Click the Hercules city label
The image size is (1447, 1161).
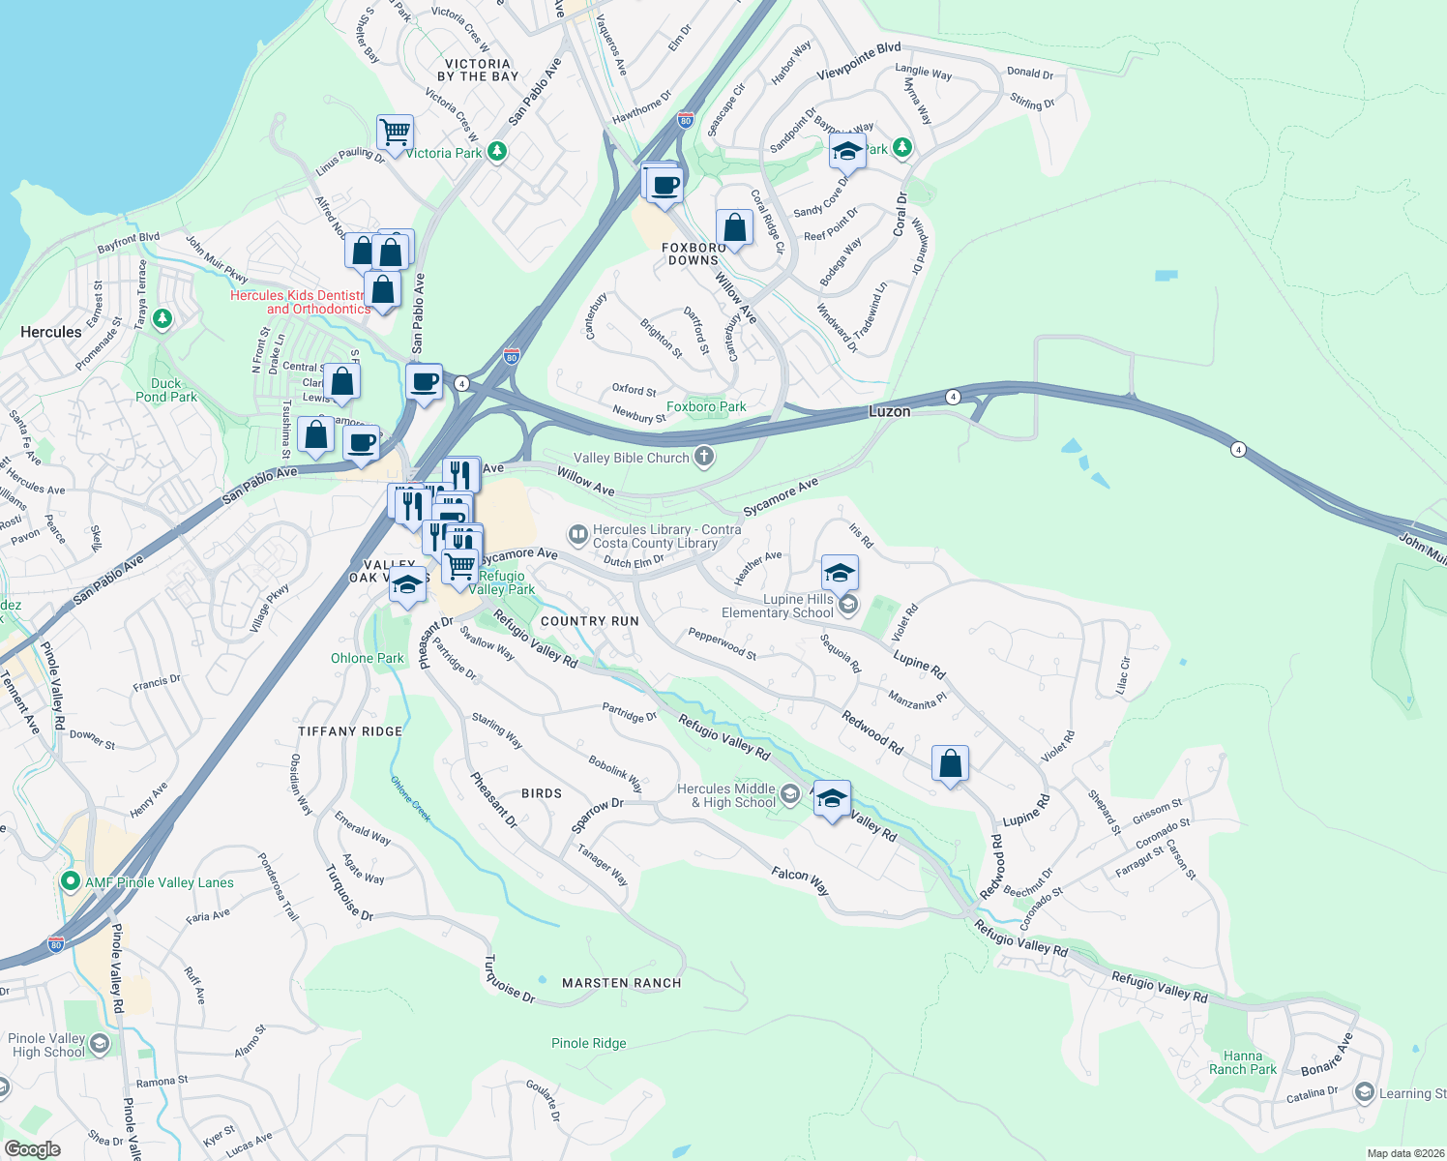pos(51,332)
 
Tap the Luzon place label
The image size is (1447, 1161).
pos(889,411)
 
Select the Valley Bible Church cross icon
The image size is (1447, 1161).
pos(704,458)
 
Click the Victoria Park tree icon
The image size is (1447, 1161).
pos(497,151)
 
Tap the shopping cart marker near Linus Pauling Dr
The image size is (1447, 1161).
pos(395,133)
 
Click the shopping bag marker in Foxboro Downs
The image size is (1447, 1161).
pos(734,228)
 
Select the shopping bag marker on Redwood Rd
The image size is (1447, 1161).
pos(950,764)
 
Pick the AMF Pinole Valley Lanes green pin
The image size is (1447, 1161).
pos(70,881)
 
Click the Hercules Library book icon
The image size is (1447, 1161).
pos(578,534)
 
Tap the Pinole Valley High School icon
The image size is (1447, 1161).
pos(100,1045)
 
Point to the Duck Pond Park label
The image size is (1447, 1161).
pos(166,390)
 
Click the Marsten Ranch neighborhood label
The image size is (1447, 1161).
pos(622,983)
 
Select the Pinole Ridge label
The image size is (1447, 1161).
pos(589,1043)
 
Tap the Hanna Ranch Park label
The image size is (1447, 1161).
pos(1243,1062)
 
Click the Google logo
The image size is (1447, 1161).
pos(32,1149)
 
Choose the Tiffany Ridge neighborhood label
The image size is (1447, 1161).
pos(350,731)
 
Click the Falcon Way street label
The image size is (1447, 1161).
pos(800,880)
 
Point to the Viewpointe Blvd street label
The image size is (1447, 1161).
pos(859,61)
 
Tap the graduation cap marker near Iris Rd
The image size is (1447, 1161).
pos(840,573)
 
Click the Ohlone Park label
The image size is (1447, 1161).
pos(368,658)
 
